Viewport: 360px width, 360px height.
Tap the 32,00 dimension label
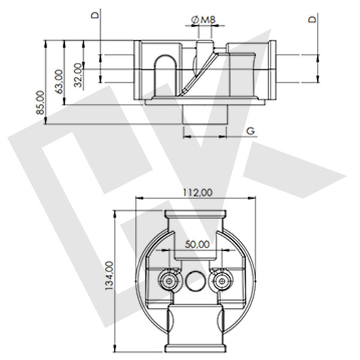point(77,75)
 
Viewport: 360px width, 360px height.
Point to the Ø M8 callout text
point(203,21)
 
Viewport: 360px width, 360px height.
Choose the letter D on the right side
point(311,19)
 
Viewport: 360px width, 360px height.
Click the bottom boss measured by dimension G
point(205,115)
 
